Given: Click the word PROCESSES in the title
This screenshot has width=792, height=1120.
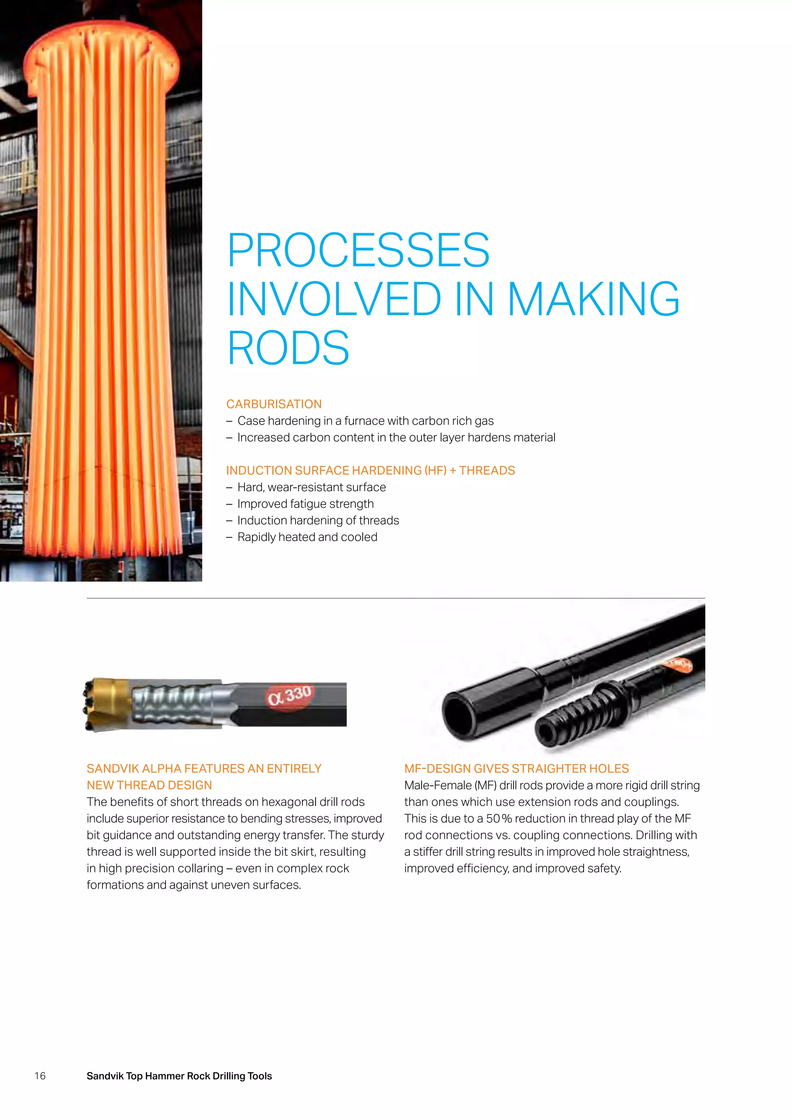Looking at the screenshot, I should [x=358, y=250].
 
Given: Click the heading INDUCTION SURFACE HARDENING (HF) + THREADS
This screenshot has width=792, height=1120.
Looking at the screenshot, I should [x=370, y=470].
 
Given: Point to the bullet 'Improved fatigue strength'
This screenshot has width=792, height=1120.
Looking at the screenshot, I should [x=305, y=504].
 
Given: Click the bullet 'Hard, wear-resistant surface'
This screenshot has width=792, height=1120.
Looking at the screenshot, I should [x=311, y=487].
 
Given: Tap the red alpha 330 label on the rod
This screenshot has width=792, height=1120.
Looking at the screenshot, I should [x=290, y=695].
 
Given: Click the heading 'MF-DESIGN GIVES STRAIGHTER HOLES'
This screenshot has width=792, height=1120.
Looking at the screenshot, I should [x=516, y=768].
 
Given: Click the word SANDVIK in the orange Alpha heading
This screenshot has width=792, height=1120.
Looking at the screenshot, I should [x=112, y=768].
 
